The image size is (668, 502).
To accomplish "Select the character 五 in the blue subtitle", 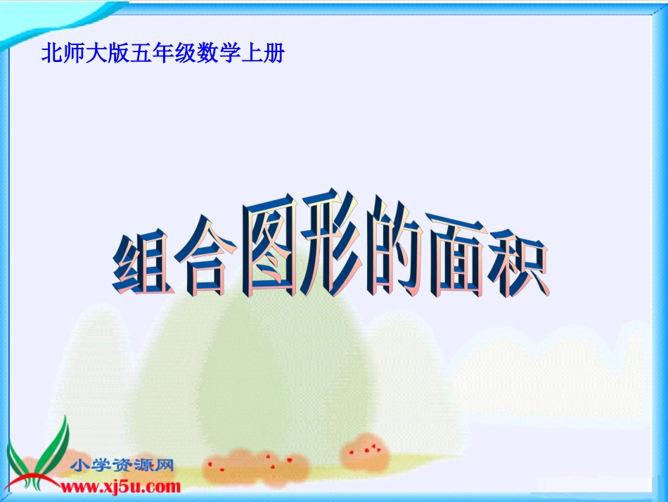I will click(139, 54).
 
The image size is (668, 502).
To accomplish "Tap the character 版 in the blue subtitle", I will click(117, 54).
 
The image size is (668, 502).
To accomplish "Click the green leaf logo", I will click(39, 458).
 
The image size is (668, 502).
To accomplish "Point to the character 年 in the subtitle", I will click(162, 54).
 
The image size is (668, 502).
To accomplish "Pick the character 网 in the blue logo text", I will click(165, 465).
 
